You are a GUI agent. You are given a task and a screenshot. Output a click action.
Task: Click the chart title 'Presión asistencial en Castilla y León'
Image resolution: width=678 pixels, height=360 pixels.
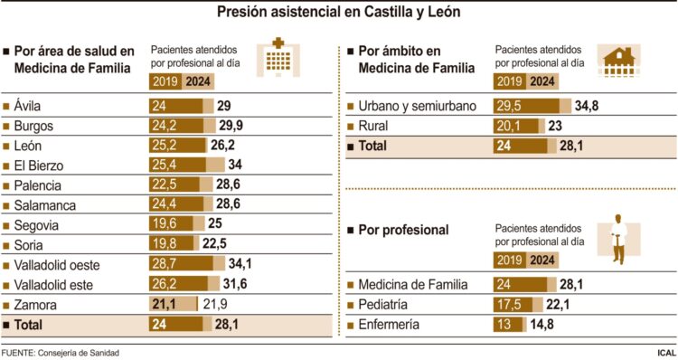(339, 13)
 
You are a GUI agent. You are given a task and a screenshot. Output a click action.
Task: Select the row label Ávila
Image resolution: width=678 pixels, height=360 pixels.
(28, 106)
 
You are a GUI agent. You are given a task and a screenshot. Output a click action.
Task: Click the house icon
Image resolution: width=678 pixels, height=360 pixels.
(622, 64)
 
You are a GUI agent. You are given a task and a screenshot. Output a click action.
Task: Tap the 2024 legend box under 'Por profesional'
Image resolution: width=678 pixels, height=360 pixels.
(542, 261)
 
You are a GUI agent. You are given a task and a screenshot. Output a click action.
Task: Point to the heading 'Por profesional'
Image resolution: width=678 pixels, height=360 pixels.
(403, 230)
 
